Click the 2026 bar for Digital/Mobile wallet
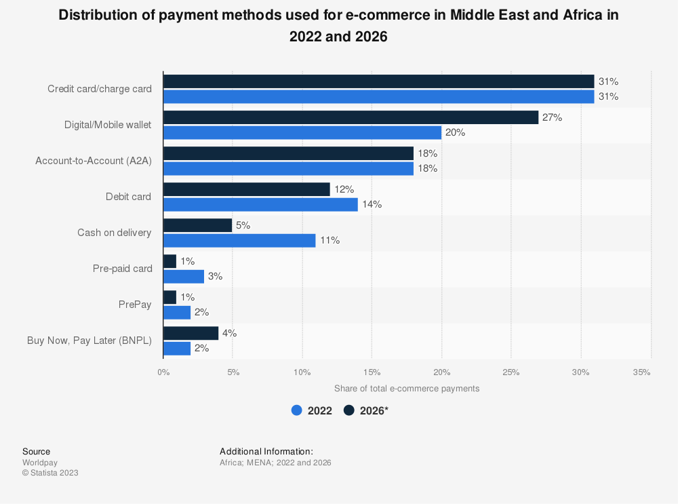click(351, 117)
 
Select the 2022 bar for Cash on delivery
click(239, 240)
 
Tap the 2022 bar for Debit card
click(260, 204)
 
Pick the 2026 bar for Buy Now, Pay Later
click(191, 333)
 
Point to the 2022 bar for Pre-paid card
click(184, 276)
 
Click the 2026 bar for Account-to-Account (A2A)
click(288, 153)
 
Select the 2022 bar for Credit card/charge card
click(378, 96)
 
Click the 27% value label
click(552, 117)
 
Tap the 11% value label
click(330, 240)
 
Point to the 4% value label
click(229, 333)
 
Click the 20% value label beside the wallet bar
click(455, 132)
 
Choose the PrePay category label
click(134, 305)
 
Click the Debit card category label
click(128, 197)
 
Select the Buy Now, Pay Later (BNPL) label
click(89, 341)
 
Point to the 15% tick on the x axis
click(372, 372)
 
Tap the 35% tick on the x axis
click(641, 372)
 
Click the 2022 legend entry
click(312, 410)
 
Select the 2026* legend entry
click(366, 410)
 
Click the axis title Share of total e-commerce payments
click(406, 389)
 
